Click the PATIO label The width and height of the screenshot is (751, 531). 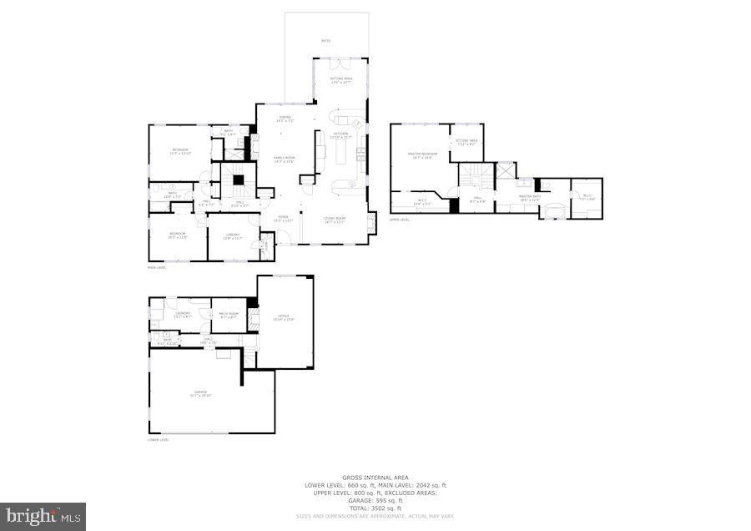click(325, 39)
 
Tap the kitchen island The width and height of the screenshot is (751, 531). click(340, 152)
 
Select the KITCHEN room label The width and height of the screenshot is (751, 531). click(341, 134)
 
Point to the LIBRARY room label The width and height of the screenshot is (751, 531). click(233, 235)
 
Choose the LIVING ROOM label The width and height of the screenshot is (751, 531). click(335, 219)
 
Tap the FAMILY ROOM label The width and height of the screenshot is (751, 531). click(285, 159)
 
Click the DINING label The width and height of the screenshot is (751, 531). click(285, 118)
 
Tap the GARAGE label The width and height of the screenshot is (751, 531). click(200, 392)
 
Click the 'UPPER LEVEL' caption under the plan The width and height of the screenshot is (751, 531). click(400, 220)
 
